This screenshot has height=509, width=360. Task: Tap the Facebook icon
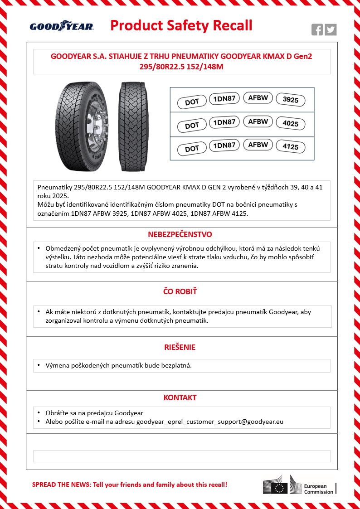click(x=317, y=30)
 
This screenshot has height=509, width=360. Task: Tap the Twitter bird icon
click(x=331, y=30)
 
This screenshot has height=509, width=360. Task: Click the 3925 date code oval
click(x=291, y=100)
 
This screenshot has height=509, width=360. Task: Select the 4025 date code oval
click(x=291, y=124)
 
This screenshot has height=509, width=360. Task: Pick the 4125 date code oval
click(x=291, y=147)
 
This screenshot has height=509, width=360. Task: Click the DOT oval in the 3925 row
click(x=192, y=102)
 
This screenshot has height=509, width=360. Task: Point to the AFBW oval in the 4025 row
click(x=258, y=121)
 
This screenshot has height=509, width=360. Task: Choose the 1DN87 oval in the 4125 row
click(x=224, y=145)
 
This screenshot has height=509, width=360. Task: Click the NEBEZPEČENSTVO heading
click(x=180, y=234)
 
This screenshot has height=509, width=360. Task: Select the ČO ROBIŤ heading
click(x=180, y=291)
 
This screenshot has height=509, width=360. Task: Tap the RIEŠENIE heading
click(x=180, y=347)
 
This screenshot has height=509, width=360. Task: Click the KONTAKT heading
click(x=180, y=398)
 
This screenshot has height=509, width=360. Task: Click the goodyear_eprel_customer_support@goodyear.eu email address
click(x=210, y=422)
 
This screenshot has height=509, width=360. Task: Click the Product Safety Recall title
click(x=181, y=25)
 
